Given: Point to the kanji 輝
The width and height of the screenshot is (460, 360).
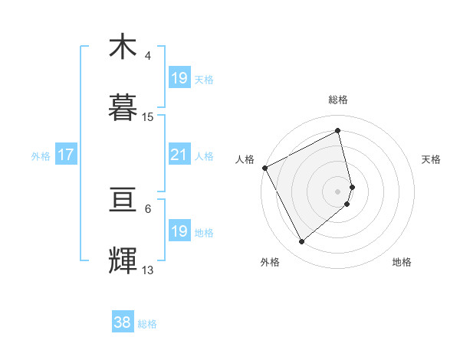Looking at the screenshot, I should click(123, 261).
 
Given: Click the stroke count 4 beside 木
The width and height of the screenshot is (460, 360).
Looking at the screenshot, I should click(148, 56).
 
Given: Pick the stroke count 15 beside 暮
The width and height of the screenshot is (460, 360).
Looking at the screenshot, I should click(148, 117).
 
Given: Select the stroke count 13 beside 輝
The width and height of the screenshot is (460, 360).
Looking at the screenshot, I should click(148, 270).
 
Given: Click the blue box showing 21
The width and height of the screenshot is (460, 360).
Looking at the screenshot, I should click(179, 155).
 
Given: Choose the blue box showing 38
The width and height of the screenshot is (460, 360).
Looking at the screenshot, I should click(123, 323).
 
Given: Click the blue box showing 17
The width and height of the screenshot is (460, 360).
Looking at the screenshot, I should click(66, 155).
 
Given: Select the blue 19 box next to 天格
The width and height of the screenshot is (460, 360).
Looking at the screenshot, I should click(179, 78).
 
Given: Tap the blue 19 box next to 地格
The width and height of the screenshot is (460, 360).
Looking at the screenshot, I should click(179, 231).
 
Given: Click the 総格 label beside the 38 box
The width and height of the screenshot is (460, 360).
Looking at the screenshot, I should click(147, 324).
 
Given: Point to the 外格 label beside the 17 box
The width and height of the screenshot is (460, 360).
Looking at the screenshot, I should click(41, 156).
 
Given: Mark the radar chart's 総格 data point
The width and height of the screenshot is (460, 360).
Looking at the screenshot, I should click(337, 131).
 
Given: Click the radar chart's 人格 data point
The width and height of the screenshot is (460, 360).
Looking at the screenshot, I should click(264, 168).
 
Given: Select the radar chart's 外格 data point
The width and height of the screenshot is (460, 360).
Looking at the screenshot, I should click(301, 241).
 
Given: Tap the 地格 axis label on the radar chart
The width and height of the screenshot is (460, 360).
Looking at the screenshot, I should click(402, 262).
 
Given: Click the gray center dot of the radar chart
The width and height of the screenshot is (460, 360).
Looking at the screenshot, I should click(337, 191).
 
